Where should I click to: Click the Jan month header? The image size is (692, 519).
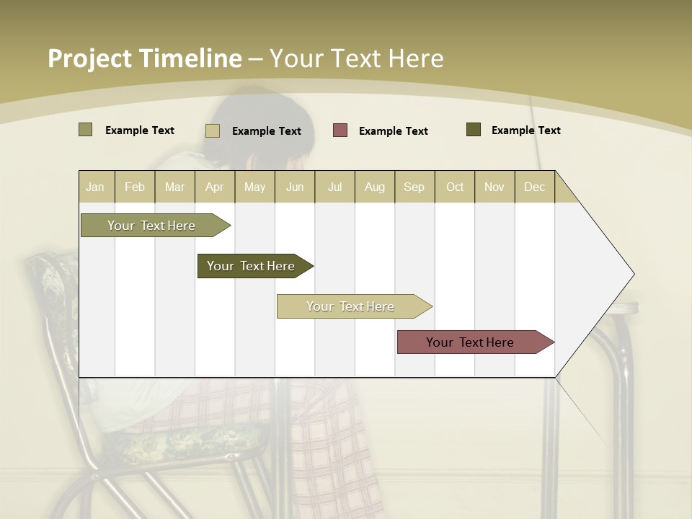(x=95, y=187)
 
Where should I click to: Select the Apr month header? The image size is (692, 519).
(x=215, y=187)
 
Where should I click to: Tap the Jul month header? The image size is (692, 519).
(x=334, y=187)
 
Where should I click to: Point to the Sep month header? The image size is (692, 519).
(x=414, y=187)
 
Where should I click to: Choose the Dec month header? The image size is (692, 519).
(x=534, y=187)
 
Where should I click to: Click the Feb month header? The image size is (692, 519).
(x=135, y=187)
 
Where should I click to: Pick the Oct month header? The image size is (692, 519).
(x=455, y=187)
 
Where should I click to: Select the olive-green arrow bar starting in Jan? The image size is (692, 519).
(x=151, y=226)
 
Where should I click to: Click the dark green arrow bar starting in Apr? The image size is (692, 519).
(x=251, y=266)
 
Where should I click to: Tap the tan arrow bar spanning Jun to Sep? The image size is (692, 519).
(x=350, y=306)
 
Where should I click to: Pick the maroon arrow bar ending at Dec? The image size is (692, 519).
(x=470, y=342)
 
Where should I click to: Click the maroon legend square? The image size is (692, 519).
(x=340, y=130)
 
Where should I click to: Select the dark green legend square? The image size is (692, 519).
(x=474, y=130)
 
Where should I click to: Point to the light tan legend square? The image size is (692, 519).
(x=213, y=130)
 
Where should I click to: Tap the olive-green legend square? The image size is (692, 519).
(x=86, y=130)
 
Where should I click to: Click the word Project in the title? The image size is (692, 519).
(x=89, y=58)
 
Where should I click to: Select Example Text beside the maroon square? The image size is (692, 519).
(x=394, y=131)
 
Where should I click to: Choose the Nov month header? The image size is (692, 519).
(x=494, y=187)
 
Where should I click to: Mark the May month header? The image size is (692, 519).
(x=254, y=187)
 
